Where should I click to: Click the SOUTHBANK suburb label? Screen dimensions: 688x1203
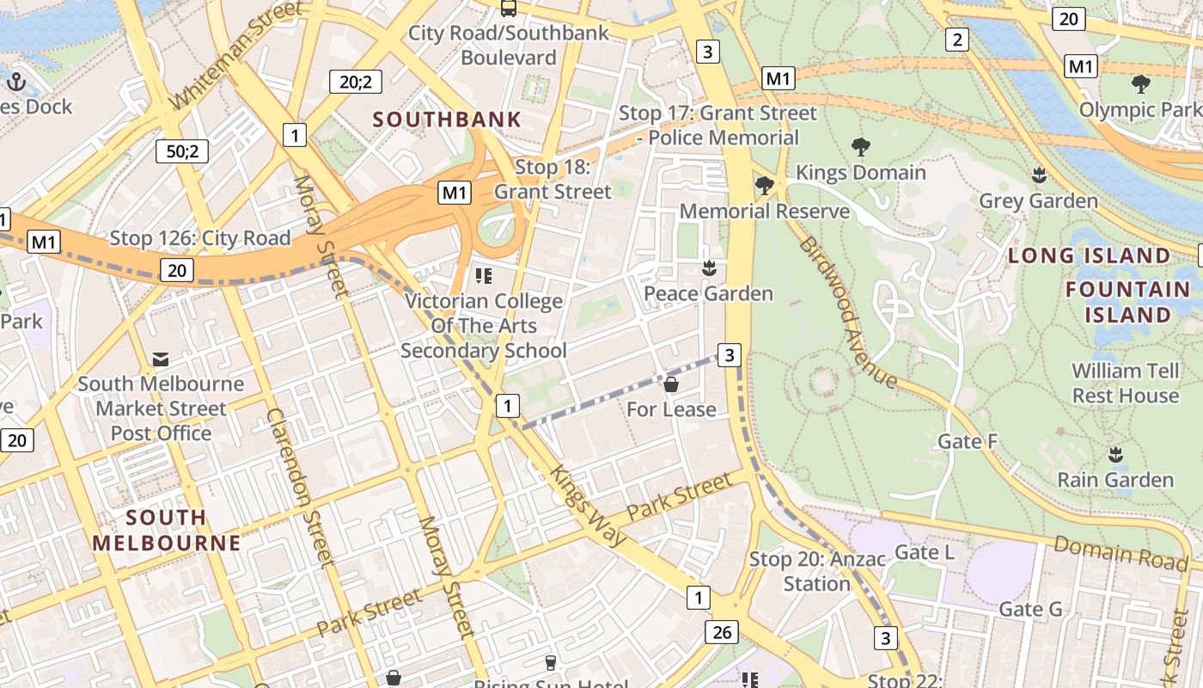[447, 120]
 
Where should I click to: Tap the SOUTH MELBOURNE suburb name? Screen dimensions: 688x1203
[167, 530]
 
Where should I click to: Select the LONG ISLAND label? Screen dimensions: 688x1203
[1089, 255]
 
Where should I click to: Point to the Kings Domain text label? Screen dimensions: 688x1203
[860, 172]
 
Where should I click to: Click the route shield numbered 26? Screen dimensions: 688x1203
[721, 633]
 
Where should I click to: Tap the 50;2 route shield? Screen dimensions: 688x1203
[182, 151]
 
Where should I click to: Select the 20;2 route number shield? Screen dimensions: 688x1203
[355, 82]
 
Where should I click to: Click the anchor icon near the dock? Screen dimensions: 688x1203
[16, 83]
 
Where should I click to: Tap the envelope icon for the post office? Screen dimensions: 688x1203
[161, 359]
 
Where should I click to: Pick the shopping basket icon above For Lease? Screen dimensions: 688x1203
[671, 384]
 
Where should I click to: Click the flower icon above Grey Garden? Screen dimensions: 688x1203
[1039, 175]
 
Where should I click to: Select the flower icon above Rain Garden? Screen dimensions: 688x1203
[1115, 454]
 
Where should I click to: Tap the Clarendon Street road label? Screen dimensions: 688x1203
[300, 487]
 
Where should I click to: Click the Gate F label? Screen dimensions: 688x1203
[968, 441]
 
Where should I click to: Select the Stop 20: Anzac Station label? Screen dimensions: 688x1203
[816, 571]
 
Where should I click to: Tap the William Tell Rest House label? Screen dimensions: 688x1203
[1125, 384]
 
